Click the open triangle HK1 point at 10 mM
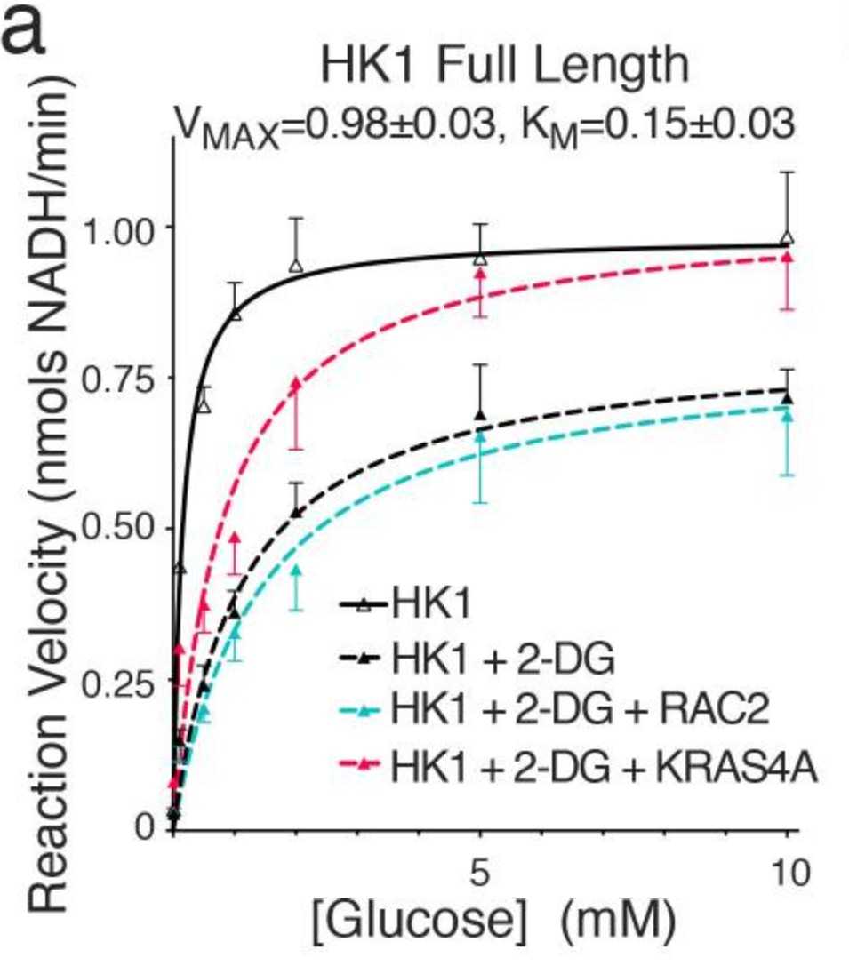pos(787,238)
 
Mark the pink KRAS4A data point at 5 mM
pos(481,273)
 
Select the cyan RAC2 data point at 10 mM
pos(787,415)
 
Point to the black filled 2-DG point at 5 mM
pos(481,415)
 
